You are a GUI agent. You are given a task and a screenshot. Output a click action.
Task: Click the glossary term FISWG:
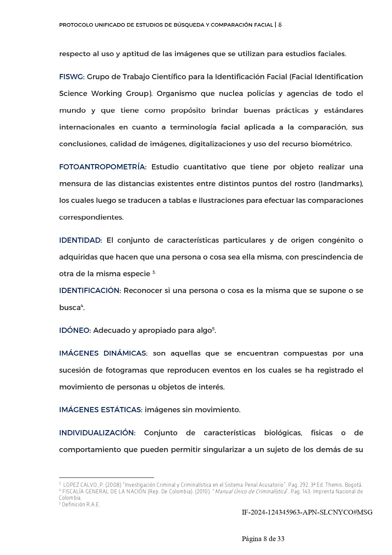tap(72, 77)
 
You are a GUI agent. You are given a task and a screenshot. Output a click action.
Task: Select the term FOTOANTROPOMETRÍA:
tap(103, 167)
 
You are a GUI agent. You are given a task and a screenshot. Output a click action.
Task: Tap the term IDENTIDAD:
tap(81, 240)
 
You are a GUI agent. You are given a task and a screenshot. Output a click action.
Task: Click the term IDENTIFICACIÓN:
tap(90, 291)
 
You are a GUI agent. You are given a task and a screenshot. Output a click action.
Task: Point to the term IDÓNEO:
tap(75, 330)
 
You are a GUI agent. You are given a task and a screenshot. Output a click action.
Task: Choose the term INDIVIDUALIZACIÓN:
tap(97, 433)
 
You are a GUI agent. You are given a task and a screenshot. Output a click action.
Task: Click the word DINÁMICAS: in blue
tap(125, 353)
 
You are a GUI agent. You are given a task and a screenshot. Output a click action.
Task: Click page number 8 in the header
tap(280, 25)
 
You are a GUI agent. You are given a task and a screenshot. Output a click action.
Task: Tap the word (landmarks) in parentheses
tap(341, 184)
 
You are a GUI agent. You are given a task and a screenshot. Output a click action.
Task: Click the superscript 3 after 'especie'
tap(154, 272)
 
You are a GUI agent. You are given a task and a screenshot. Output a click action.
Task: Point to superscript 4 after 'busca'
tap(82, 305)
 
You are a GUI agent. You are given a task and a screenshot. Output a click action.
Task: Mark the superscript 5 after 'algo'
tap(213, 329)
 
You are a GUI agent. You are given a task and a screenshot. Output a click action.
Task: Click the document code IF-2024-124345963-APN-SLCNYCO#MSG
tap(307, 512)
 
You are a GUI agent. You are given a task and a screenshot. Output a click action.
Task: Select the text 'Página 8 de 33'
tap(263, 539)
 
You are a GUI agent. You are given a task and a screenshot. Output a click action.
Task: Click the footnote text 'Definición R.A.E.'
tap(81, 505)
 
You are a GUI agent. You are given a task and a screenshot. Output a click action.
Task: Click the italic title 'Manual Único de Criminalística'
tap(250, 491)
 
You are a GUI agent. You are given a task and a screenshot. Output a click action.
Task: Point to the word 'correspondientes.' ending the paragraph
tap(91, 218)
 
